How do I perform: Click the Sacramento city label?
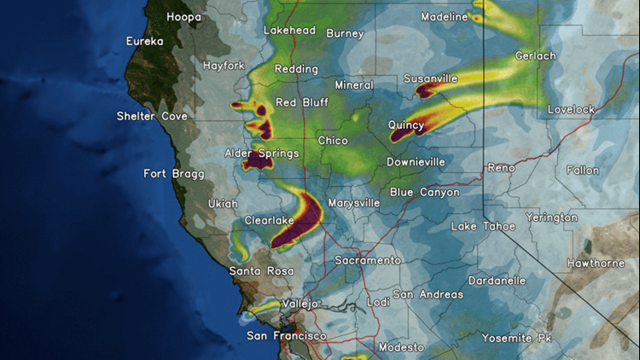pos(368,260)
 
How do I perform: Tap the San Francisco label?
pos(286,336)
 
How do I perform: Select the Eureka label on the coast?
pos(144,41)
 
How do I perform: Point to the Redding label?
pos(296,69)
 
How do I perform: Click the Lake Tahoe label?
pos(483,227)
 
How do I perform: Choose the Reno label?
pos(501,168)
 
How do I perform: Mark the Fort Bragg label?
pos(173,174)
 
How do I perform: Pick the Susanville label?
pos(431,78)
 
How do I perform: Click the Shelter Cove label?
pos(150,116)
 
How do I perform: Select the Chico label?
pos(333,140)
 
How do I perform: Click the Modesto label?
pos(400,347)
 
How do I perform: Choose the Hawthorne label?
pos(596,263)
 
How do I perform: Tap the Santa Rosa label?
pos(256,270)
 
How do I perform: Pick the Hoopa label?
pos(183,17)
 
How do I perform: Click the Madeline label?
pos(445,17)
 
